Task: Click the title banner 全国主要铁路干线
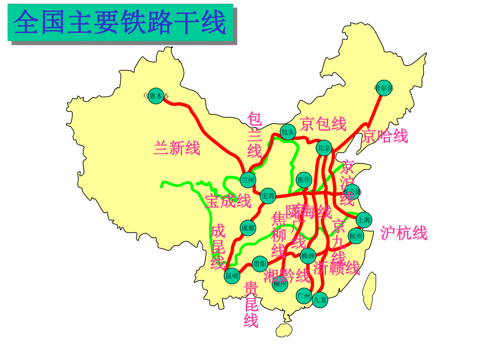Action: [120, 23]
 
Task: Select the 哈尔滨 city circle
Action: [383, 88]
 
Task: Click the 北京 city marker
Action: [324, 148]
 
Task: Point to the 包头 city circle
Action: [287, 131]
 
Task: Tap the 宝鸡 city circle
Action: [268, 196]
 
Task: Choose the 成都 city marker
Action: [248, 227]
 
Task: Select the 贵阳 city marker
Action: [260, 263]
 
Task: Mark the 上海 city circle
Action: [364, 219]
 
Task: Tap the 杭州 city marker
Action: [356, 236]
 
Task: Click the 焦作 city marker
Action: [304, 180]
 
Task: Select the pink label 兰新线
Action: [177, 149]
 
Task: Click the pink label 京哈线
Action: [385, 137]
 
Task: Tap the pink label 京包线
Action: [323, 124]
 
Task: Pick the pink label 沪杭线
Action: [404, 233]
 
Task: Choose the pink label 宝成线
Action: [227, 201]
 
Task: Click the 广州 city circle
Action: [303, 296]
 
